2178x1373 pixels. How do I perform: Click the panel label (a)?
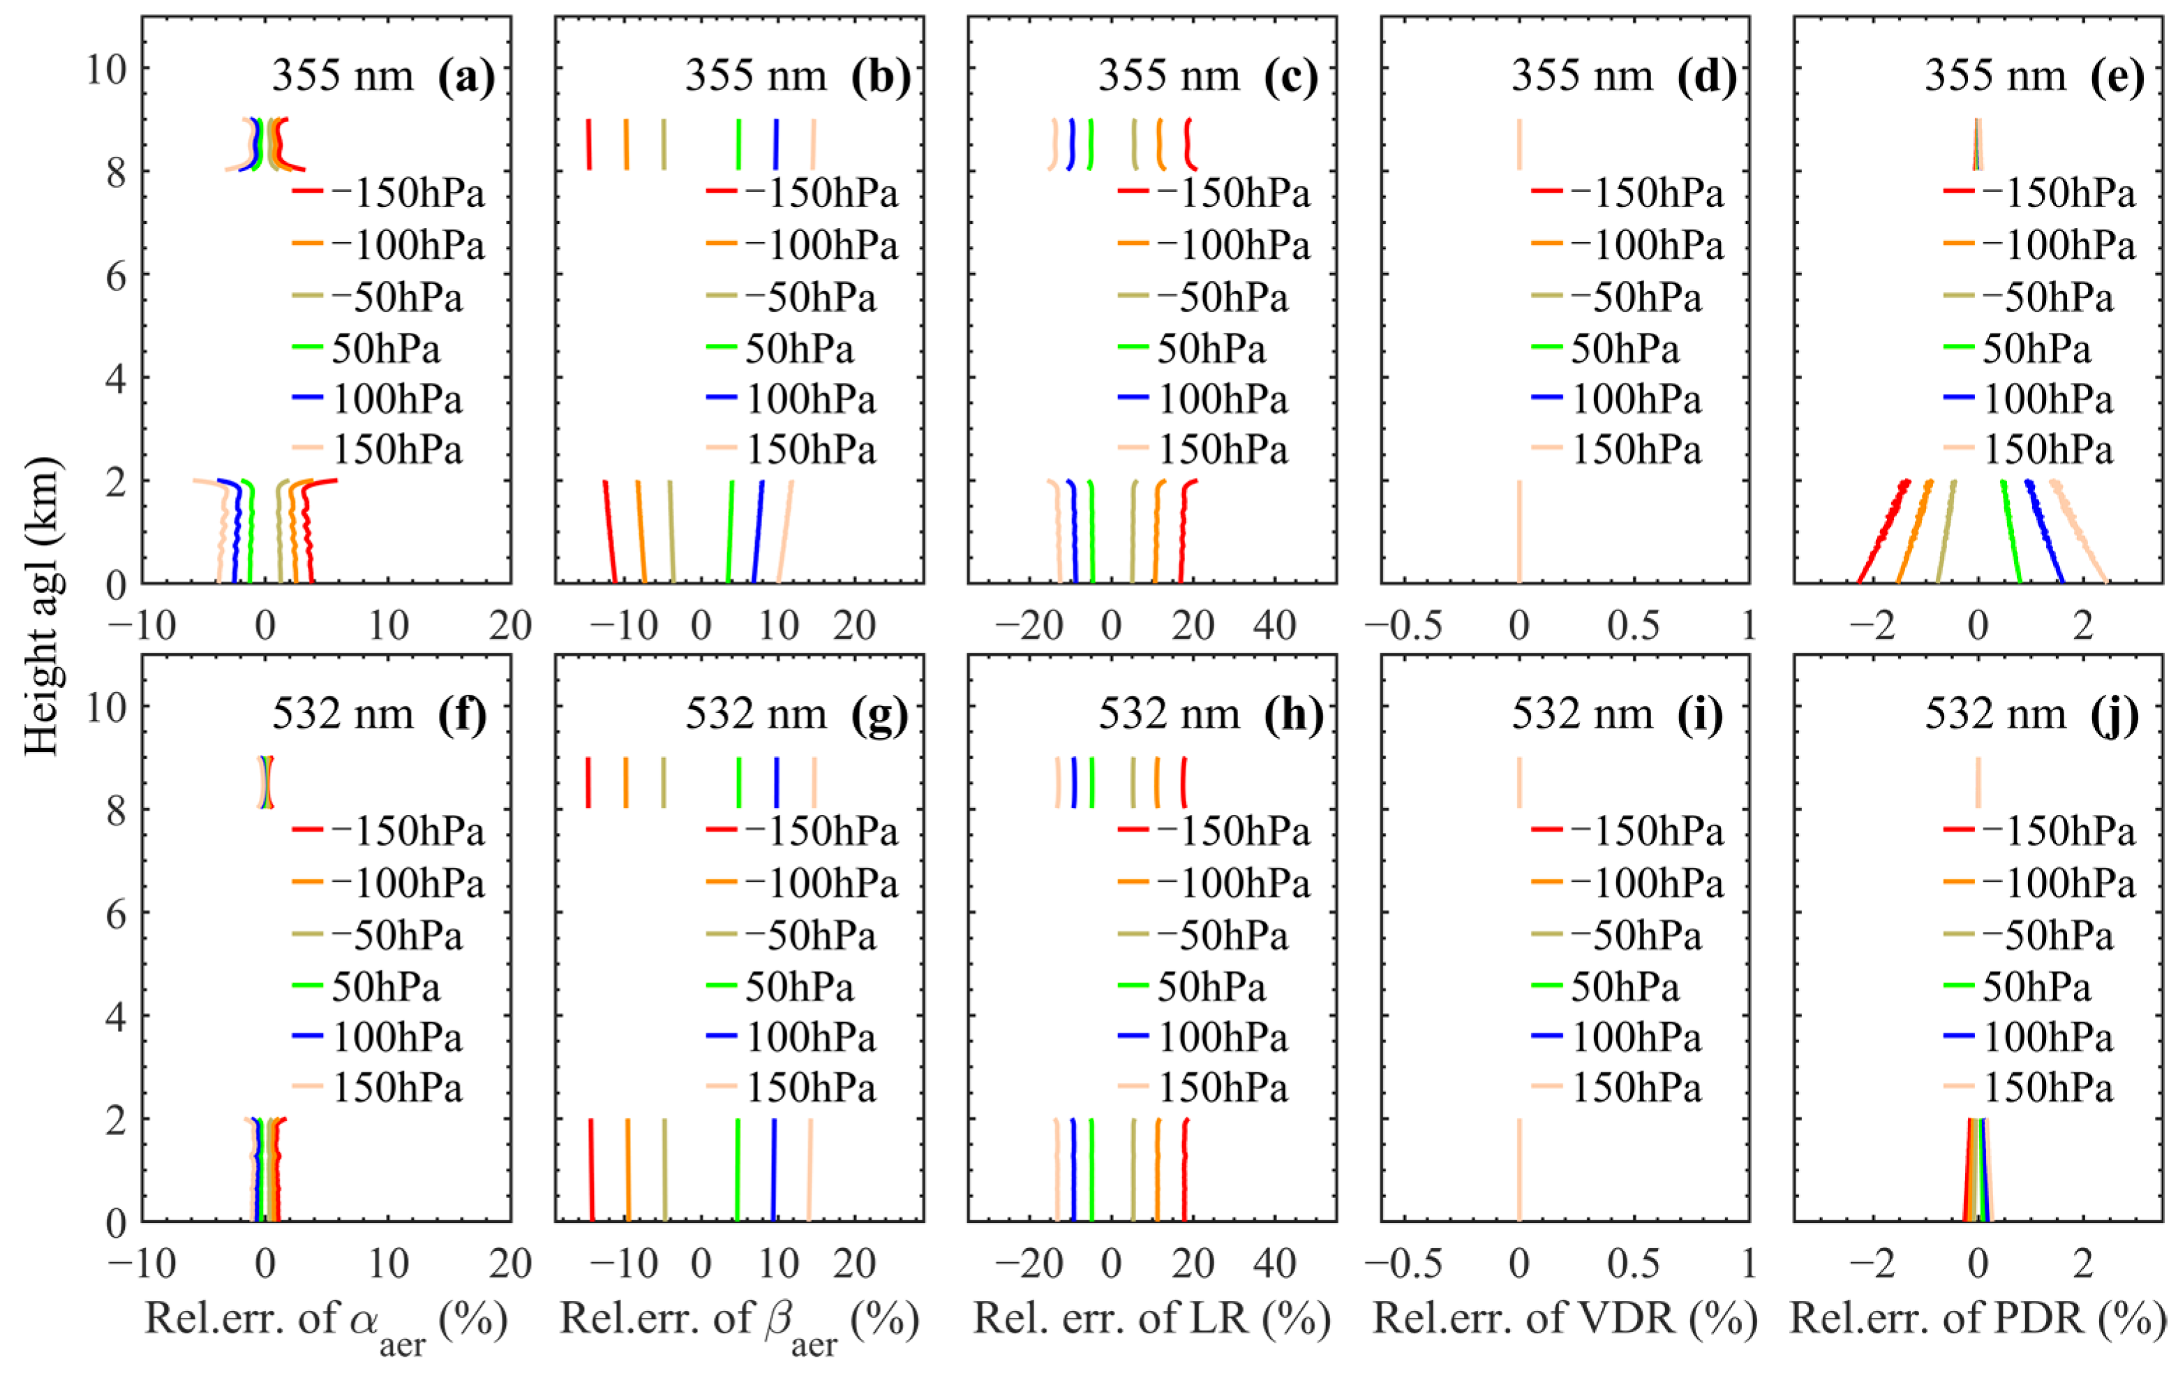(465, 77)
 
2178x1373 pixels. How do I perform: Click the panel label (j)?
(2114, 714)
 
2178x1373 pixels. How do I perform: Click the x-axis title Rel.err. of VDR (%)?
(1565, 1318)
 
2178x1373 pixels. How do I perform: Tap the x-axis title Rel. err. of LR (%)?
(1151, 1318)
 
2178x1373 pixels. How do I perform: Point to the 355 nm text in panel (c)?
(1169, 75)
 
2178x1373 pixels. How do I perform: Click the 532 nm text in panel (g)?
(755, 714)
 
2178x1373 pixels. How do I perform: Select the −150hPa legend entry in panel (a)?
(389, 193)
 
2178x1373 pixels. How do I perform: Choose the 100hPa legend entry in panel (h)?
(1203, 1037)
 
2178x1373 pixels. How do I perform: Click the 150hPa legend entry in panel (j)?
(2029, 1087)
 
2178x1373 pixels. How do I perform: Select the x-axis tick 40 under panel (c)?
(1274, 626)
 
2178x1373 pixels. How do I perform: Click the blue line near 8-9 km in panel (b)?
(775, 144)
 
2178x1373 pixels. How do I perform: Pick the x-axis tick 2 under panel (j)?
(2082, 1263)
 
